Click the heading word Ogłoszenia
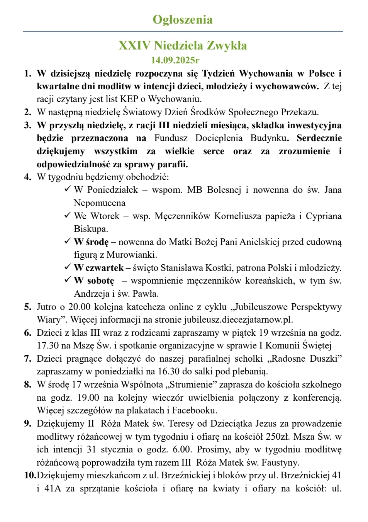pos(182,20)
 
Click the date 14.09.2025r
pos(175,60)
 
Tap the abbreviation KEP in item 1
pos(129,99)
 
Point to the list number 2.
pos(27,112)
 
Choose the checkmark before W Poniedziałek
pos(67,189)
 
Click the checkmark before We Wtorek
pos(67,215)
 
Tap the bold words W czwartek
pos(98,268)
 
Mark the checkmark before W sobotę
pos(67,280)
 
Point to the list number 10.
pos(30,475)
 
